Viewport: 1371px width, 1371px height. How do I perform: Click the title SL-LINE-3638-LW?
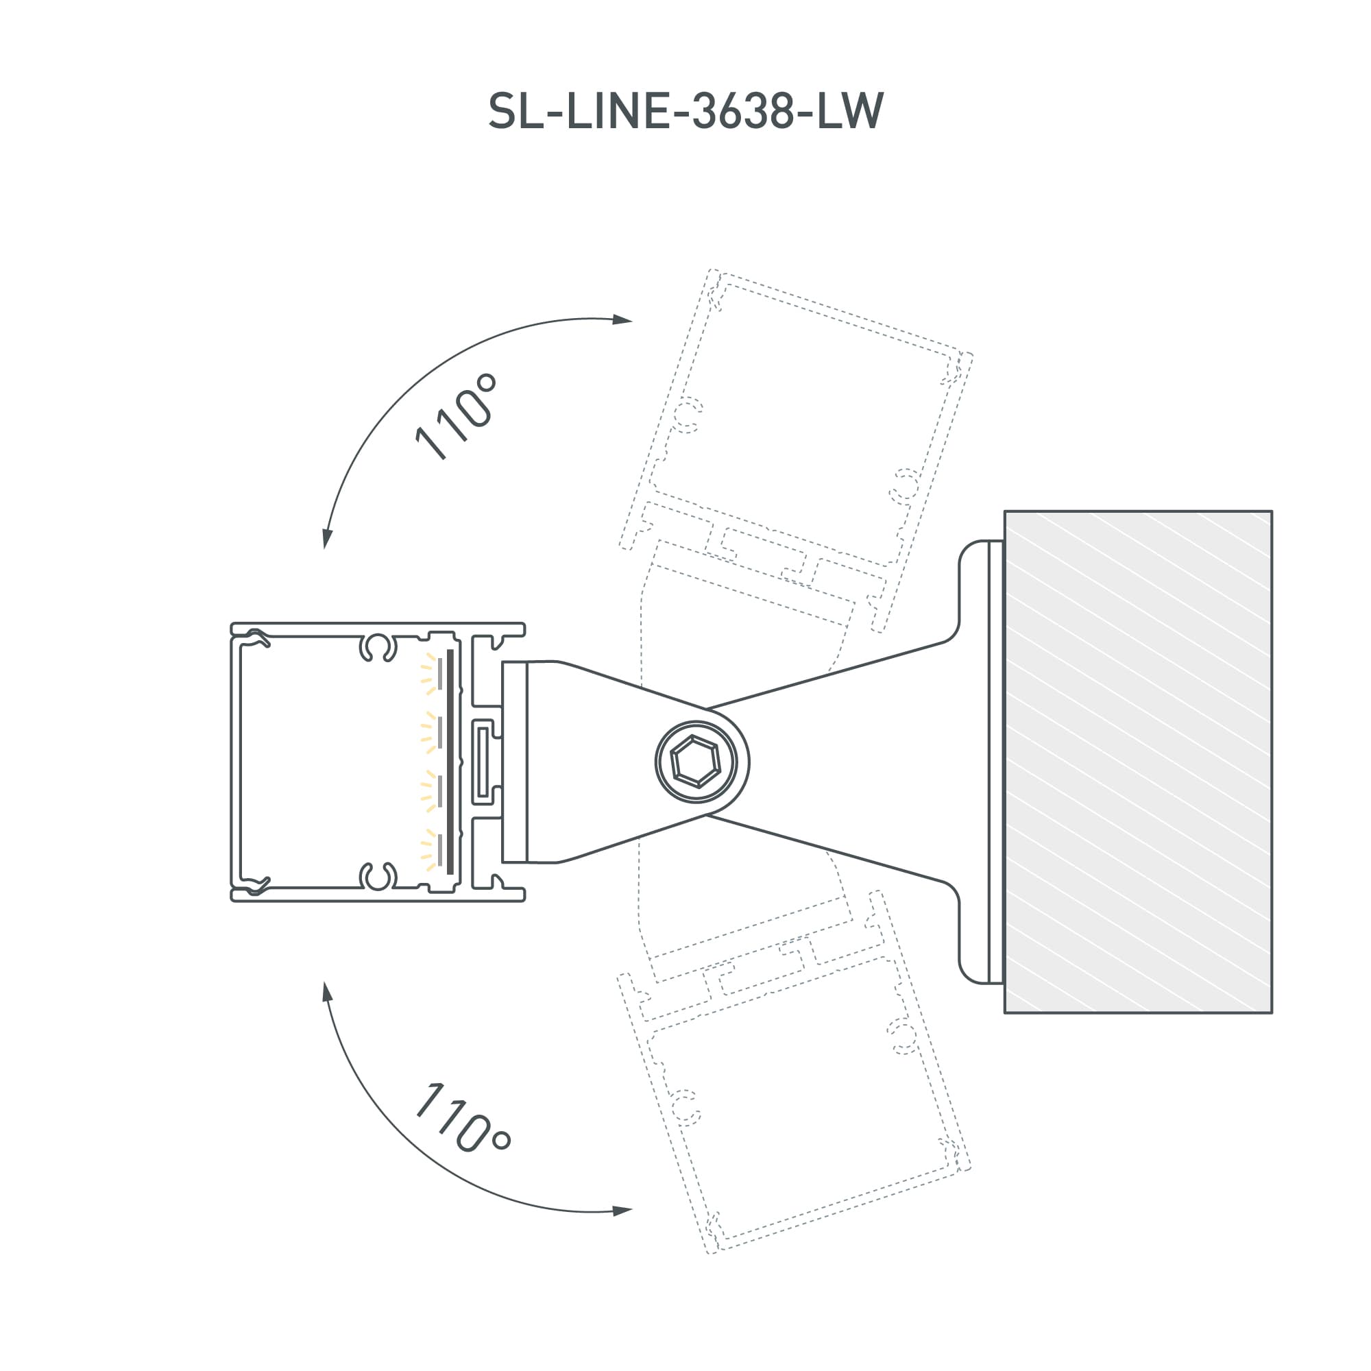point(685,112)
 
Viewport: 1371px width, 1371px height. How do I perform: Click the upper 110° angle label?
point(456,417)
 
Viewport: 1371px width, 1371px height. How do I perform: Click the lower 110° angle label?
point(462,1119)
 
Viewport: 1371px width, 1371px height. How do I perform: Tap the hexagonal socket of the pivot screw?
point(695,762)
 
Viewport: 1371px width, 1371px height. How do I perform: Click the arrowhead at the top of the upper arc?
point(622,319)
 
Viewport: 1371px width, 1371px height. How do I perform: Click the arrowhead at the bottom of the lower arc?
point(622,1210)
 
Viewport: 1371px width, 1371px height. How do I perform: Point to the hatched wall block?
point(1137,762)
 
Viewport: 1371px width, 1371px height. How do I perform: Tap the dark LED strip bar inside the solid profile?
point(450,762)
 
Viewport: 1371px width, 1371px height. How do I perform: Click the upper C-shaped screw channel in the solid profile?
point(378,646)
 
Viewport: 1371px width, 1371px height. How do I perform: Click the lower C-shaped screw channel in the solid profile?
point(378,876)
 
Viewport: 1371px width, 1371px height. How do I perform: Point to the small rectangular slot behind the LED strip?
point(483,762)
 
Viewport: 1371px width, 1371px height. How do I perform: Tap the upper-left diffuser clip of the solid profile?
point(254,639)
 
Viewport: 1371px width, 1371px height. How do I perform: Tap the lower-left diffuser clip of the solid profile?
point(254,885)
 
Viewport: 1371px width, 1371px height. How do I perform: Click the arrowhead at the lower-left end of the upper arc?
point(327,539)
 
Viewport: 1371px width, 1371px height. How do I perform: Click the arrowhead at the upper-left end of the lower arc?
point(327,992)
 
